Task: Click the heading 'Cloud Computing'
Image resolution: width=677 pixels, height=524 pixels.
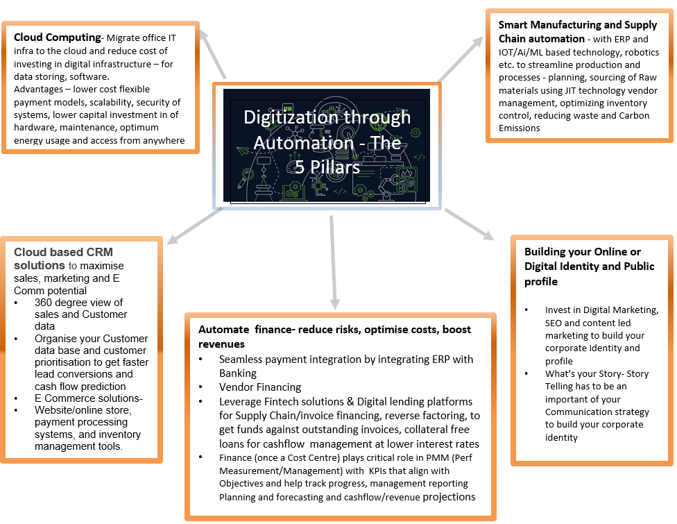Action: [x=57, y=37]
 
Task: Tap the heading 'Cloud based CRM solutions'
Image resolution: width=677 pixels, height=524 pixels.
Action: [x=63, y=258]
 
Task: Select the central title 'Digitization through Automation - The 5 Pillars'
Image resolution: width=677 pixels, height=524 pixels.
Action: [x=327, y=142]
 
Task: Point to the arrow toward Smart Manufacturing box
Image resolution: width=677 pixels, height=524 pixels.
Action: [x=461, y=59]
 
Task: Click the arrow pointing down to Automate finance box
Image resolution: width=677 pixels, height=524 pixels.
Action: [x=333, y=262]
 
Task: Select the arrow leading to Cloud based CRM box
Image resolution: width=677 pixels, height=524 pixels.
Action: [x=195, y=226]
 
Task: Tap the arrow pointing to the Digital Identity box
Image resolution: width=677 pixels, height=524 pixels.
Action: [x=470, y=224]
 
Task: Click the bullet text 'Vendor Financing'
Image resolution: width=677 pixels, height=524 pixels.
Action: [x=260, y=387]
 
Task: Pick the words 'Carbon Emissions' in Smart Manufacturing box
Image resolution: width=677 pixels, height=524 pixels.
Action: [x=574, y=122]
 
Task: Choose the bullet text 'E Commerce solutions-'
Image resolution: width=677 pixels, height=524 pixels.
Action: [x=89, y=398]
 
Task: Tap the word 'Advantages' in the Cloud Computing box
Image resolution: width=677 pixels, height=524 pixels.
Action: [x=38, y=90]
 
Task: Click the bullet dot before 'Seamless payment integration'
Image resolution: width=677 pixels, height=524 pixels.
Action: [x=200, y=359]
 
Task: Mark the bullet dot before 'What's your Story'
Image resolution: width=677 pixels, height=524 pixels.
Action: [x=526, y=373]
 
